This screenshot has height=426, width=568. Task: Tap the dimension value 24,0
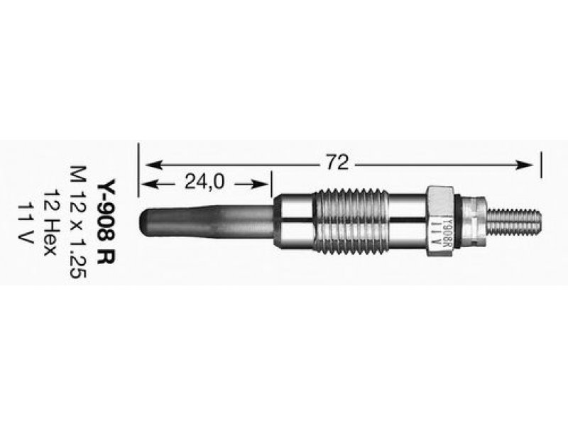(x=204, y=182)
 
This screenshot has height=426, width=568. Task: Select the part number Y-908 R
(x=106, y=222)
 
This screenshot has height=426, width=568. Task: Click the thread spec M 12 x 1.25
(x=78, y=222)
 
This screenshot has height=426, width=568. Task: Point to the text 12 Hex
(x=50, y=222)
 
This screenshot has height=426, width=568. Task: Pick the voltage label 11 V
(x=26, y=222)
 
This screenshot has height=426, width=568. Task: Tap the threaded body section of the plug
(x=350, y=219)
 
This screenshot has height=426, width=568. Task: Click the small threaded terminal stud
(x=514, y=221)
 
